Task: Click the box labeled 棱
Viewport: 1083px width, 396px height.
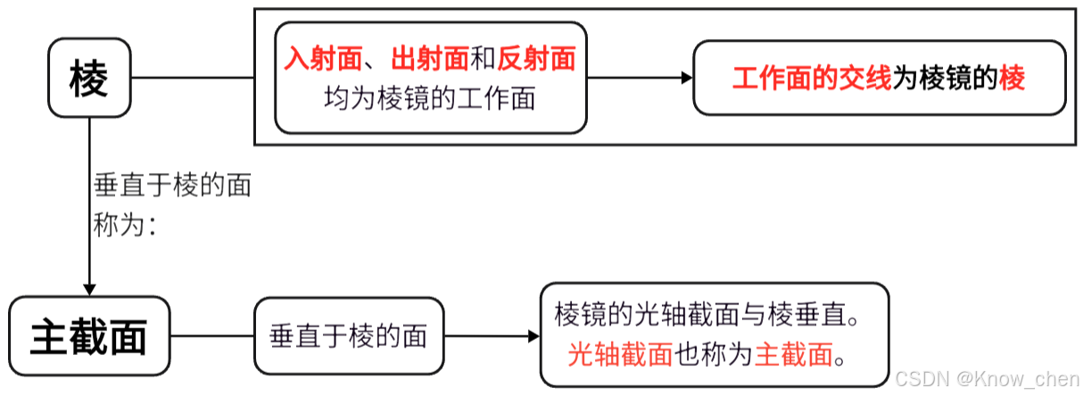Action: (89, 78)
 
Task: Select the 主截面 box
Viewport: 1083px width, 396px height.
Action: (89, 336)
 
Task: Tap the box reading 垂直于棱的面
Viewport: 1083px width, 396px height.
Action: (349, 336)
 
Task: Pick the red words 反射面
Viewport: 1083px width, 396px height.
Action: (536, 60)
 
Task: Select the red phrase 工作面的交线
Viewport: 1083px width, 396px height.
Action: (812, 78)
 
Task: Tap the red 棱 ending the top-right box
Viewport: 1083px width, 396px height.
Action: (1013, 78)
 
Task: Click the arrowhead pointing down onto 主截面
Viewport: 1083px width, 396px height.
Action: (89, 290)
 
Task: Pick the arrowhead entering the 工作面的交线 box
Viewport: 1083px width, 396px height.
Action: (687, 78)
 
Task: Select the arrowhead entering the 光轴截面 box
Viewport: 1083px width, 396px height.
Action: (534, 336)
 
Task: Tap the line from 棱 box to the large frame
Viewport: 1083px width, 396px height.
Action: (193, 78)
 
